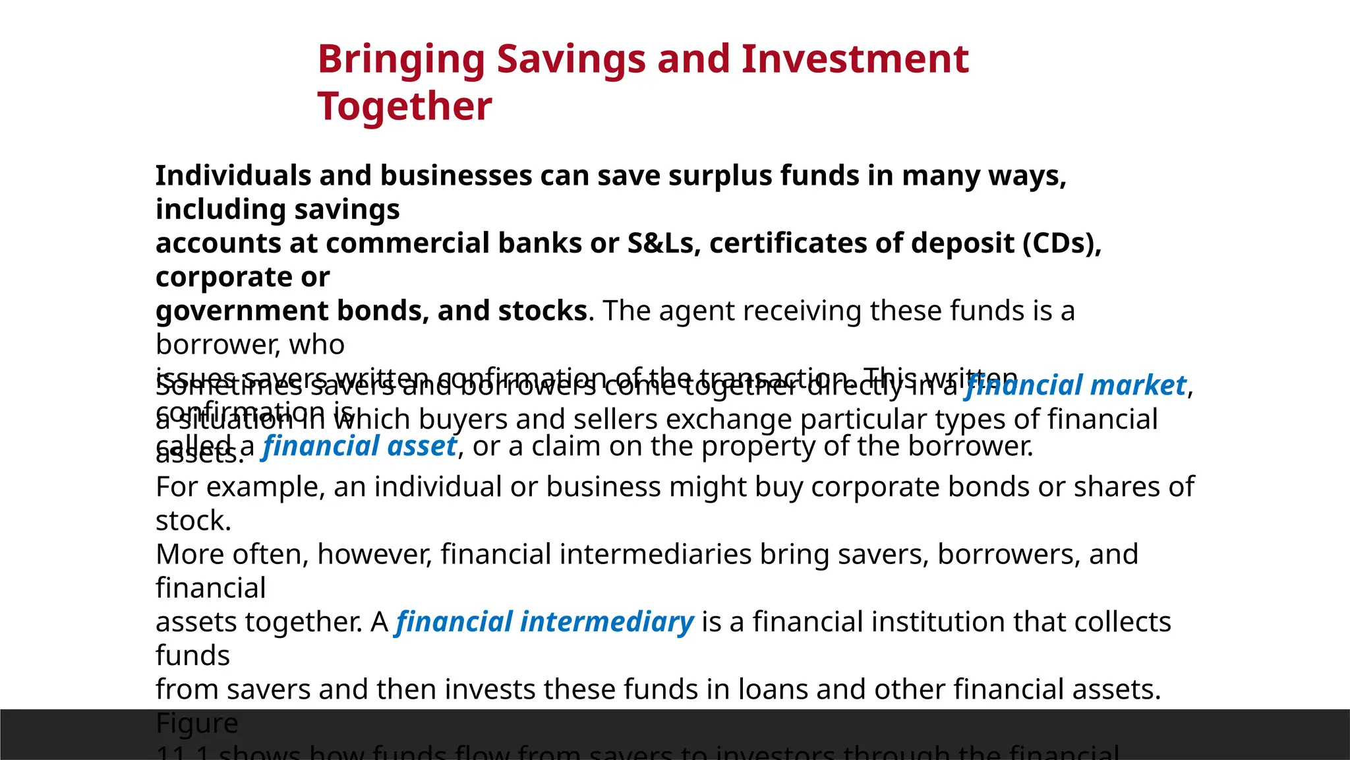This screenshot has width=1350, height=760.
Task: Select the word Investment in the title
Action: (855, 59)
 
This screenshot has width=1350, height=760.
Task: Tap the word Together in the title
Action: (405, 106)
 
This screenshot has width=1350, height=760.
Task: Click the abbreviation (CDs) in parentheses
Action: (1062, 243)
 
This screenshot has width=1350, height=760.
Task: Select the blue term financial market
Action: (1075, 385)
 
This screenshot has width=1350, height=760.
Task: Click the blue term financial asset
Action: (359, 447)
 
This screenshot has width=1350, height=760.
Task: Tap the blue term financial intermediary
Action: (544, 622)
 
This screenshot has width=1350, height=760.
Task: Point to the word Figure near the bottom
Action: (196, 723)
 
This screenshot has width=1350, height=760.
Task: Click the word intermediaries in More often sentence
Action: (662, 554)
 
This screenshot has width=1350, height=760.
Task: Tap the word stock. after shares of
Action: (193, 521)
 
